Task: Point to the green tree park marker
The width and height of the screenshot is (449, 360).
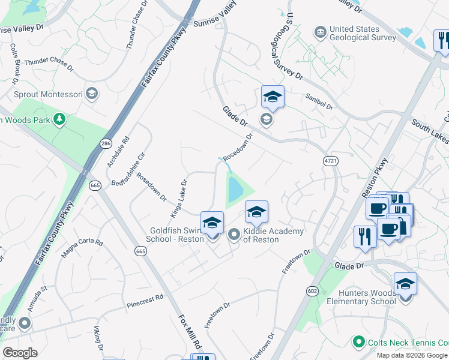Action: pyautogui.click(x=59, y=119)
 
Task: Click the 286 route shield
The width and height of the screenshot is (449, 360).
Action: pyautogui.click(x=106, y=143)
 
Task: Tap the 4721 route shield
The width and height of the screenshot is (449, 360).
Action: pyautogui.click(x=330, y=161)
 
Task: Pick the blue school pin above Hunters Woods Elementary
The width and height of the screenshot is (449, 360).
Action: pyautogui.click(x=405, y=283)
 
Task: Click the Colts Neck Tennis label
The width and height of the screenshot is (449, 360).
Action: pyautogui.click(x=408, y=342)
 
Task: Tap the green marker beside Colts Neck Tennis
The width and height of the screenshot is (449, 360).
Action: pyautogui.click(x=359, y=342)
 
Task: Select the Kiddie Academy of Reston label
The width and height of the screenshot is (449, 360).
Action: pyautogui.click(x=265, y=235)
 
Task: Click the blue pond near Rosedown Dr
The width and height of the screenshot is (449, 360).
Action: pyautogui.click(x=234, y=190)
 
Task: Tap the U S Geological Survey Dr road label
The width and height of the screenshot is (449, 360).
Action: pyautogui.click(x=288, y=49)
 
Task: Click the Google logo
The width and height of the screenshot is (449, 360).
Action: pyautogui.click(x=20, y=353)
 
